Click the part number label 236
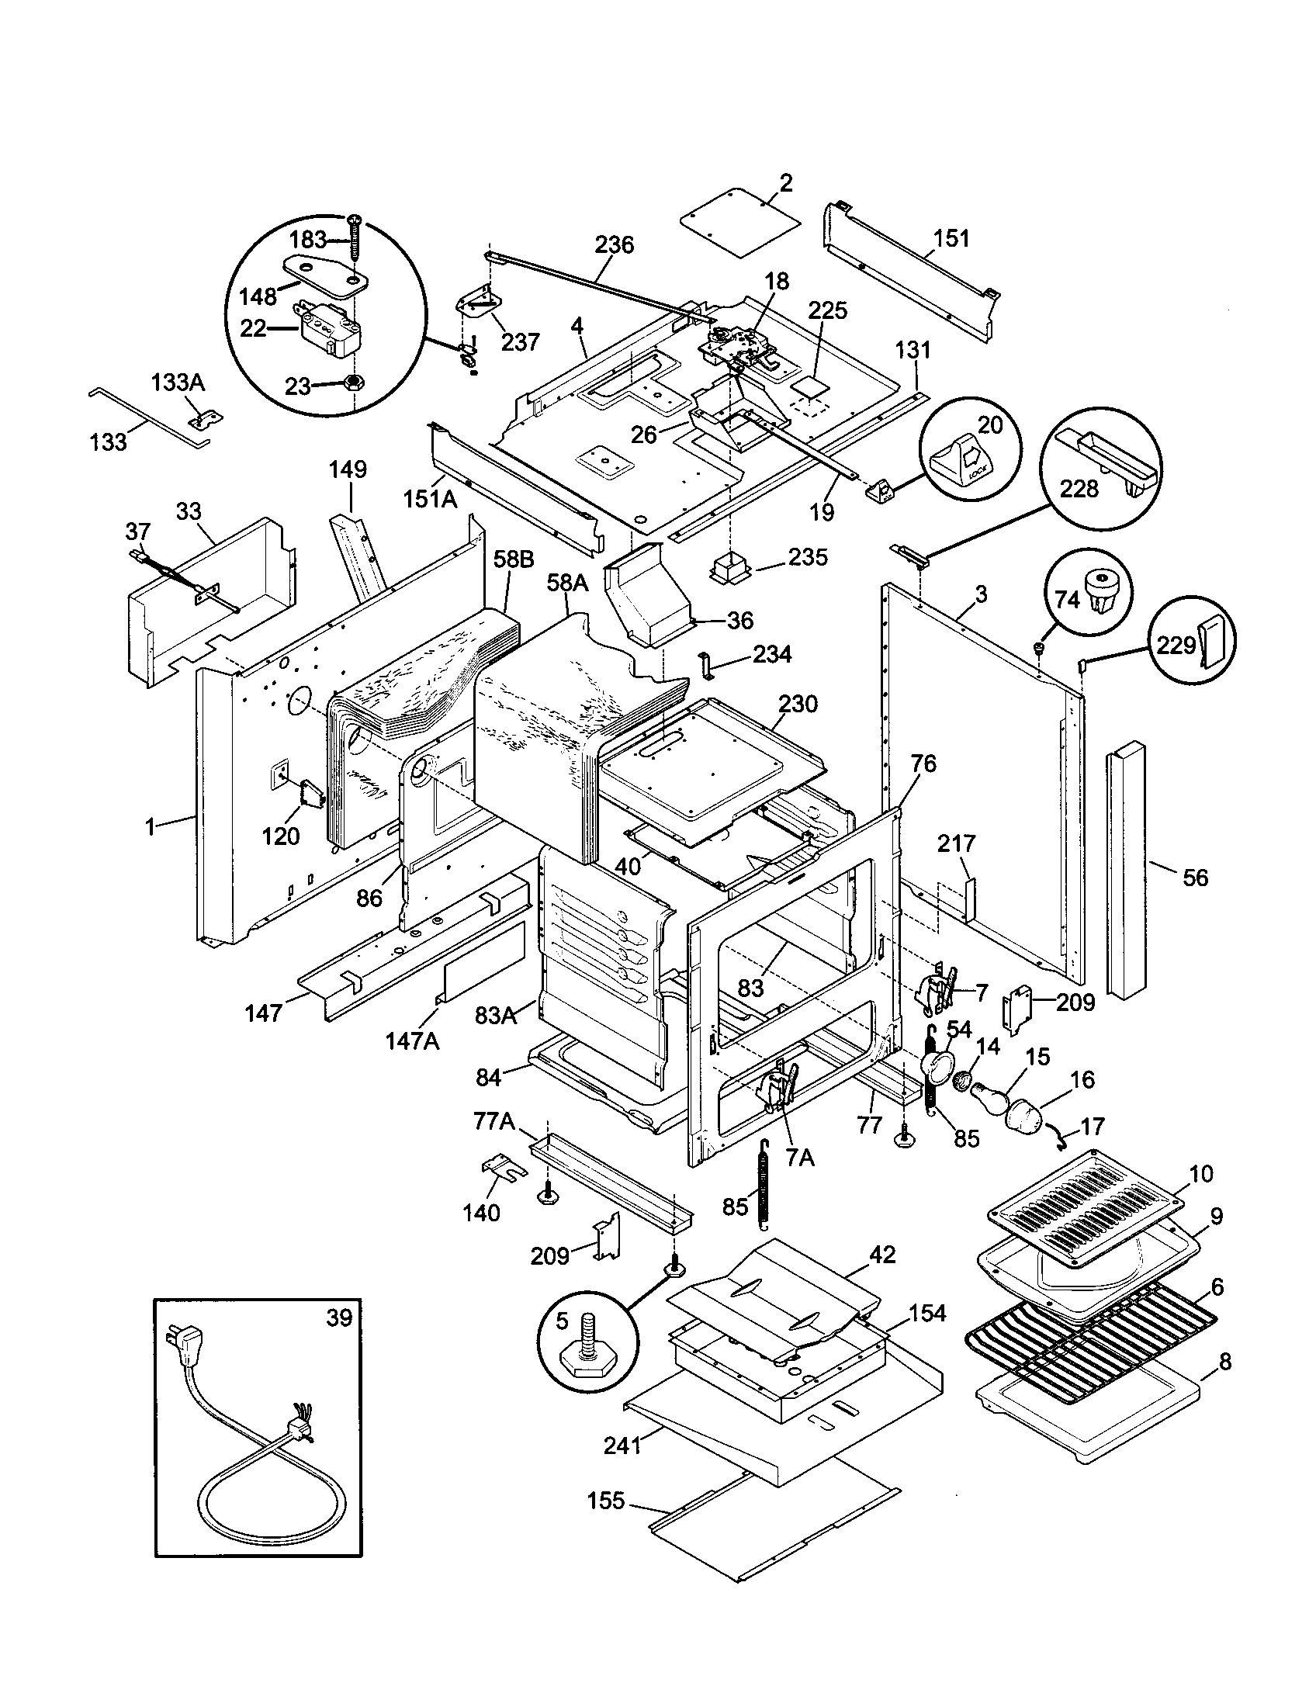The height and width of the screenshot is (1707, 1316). point(615,244)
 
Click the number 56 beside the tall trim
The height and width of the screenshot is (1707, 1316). point(1195,878)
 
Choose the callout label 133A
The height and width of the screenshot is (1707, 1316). point(178,383)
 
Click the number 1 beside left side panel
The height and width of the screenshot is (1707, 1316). point(150,826)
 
